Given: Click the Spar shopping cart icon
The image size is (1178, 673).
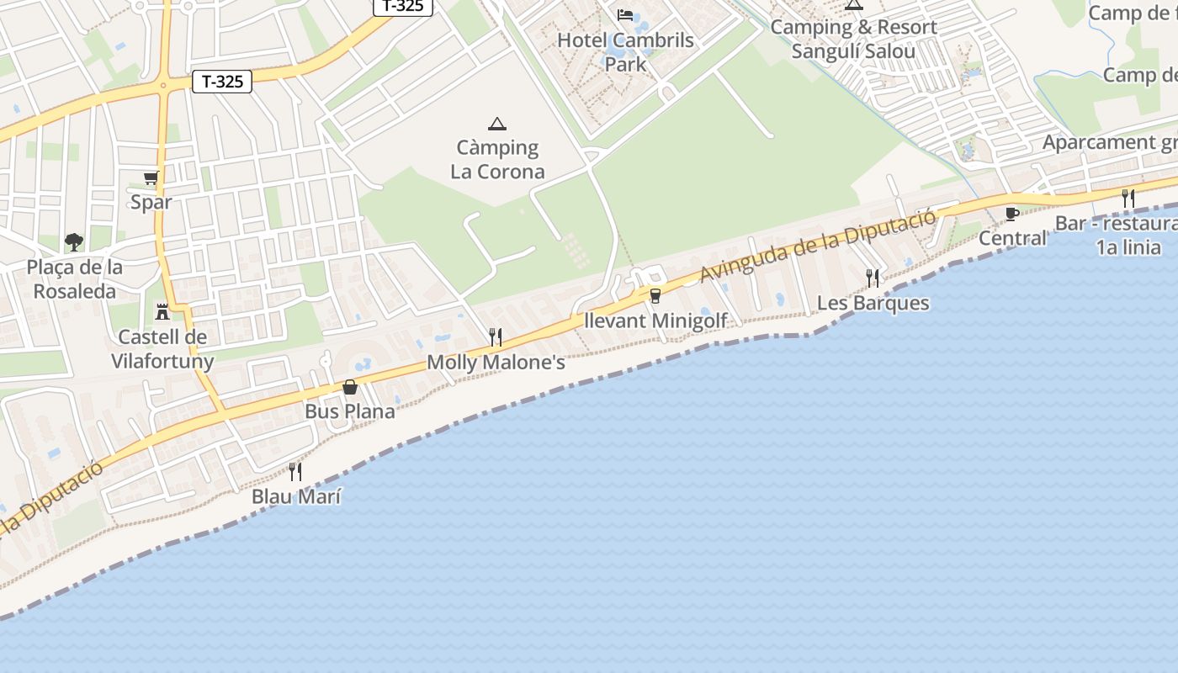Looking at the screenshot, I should tap(151, 178).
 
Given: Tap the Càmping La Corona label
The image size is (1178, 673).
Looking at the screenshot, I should tap(497, 160).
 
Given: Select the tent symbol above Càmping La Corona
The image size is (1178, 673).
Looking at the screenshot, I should tap(497, 125).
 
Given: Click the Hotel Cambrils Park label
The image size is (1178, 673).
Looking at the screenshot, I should tap(625, 51).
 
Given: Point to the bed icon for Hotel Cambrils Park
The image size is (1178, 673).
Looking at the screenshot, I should tap(625, 15).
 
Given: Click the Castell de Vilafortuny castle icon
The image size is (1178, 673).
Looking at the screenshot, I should tap(162, 312).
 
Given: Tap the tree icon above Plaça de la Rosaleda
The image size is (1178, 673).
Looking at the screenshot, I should tap(74, 242).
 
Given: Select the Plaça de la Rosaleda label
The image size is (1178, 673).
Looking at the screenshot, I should tap(74, 279).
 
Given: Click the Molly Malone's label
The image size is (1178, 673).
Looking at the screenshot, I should tap(496, 363).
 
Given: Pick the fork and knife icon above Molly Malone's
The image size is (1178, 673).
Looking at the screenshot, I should tap(496, 337).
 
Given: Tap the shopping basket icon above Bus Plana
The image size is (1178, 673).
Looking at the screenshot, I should tap(350, 387).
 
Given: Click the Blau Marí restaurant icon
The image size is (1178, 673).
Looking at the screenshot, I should tap(295, 471).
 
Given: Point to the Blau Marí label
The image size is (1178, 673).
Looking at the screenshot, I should tap(296, 496).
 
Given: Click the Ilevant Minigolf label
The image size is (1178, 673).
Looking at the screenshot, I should tap(655, 321).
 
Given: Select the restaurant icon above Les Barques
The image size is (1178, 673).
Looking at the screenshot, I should tap(873, 278).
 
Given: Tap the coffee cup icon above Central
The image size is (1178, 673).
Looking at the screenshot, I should tap(1012, 214).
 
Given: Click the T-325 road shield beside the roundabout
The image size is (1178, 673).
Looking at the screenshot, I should tap(222, 82).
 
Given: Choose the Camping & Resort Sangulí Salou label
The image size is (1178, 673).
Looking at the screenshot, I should tap(853, 40).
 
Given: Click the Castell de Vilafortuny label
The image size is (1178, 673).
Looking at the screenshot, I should tap(162, 349).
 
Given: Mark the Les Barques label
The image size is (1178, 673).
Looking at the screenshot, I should tap(873, 303).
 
